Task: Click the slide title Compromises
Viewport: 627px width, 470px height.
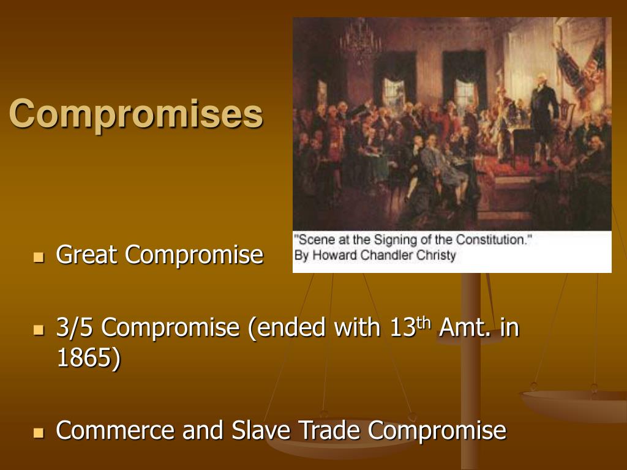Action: click(136, 114)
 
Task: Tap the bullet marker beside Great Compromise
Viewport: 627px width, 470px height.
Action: click(39, 256)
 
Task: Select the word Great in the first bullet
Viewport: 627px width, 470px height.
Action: click(88, 255)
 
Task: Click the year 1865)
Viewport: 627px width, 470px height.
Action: click(88, 359)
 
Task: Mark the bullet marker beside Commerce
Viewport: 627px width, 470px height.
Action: click(39, 433)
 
